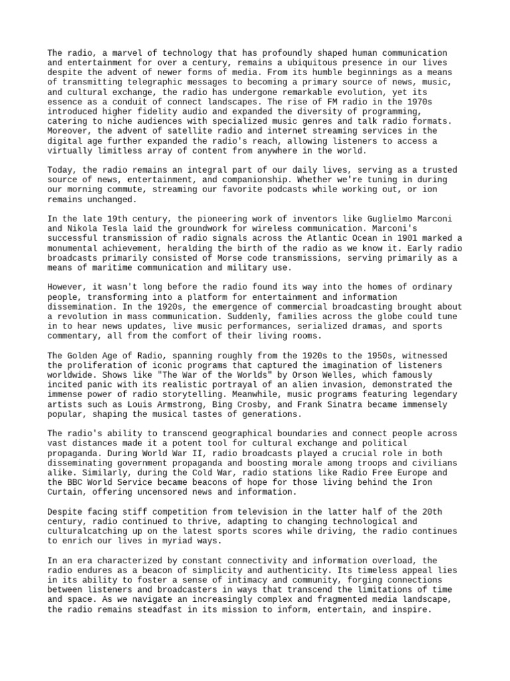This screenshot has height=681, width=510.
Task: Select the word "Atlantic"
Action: [x=327, y=238]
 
